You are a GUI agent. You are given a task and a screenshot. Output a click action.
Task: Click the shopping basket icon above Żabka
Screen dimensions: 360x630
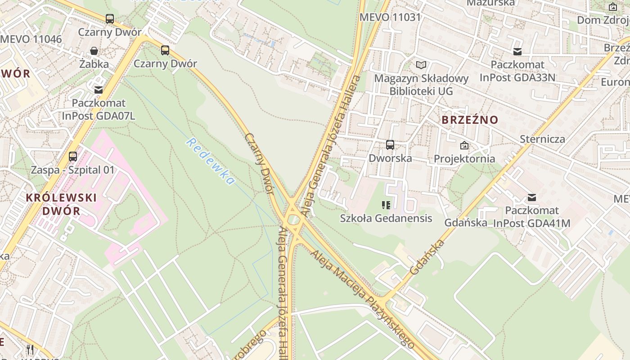click(x=94, y=51)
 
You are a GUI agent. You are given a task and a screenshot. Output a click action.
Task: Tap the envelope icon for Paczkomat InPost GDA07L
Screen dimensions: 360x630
click(x=98, y=90)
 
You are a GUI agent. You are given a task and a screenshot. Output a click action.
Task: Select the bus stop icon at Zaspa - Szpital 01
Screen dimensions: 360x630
click(x=73, y=157)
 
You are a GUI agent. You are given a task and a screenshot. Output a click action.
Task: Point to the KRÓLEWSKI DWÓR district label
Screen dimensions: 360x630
click(x=61, y=204)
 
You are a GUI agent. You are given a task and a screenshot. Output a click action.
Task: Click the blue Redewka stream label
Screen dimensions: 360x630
click(x=211, y=162)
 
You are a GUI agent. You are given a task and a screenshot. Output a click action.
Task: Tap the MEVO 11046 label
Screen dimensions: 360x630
click(x=31, y=39)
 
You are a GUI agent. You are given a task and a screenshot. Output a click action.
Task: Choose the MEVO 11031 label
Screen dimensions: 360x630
click(x=390, y=18)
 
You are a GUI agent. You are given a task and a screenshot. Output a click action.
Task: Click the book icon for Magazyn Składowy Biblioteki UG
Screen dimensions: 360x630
click(x=421, y=65)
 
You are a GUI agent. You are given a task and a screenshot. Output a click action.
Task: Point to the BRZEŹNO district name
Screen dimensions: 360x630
click(x=470, y=120)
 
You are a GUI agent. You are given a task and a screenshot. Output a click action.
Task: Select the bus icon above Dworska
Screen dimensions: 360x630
click(x=390, y=145)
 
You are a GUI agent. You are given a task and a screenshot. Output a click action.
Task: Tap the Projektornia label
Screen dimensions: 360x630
click(x=464, y=158)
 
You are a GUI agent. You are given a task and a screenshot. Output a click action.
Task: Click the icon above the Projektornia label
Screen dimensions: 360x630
click(x=464, y=145)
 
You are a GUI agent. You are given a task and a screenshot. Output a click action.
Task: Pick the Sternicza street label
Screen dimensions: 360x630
click(x=542, y=139)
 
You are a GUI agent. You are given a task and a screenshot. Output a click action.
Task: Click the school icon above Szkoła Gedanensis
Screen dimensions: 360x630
click(x=386, y=205)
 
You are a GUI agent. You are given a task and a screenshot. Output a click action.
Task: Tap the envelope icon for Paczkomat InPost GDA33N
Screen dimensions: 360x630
click(x=517, y=52)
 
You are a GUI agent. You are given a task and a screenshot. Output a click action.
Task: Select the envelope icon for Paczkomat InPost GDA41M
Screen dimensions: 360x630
click(x=532, y=197)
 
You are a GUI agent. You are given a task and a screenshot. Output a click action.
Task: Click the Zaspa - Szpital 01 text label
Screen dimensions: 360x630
click(x=73, y=170)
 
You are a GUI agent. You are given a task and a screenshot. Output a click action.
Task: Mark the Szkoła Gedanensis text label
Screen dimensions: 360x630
click(x=386, y=218)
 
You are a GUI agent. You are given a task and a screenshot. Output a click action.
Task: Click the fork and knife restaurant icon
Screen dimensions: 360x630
click(x=30, y=350)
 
